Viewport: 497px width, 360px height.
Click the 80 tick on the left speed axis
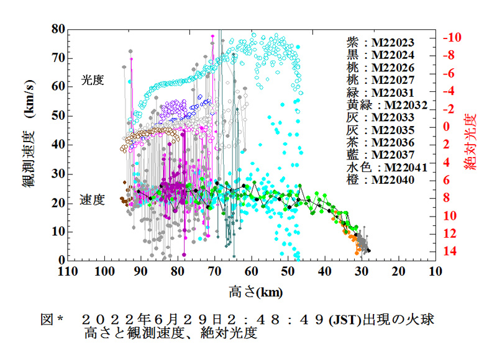[57, 29]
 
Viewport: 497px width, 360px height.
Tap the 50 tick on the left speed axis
[57, 115]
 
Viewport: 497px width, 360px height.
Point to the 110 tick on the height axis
[68, 271]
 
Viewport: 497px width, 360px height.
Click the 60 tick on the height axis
[252, 271]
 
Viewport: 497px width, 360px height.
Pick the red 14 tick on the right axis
[452, 251]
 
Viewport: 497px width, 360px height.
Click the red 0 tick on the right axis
[447, 126]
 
